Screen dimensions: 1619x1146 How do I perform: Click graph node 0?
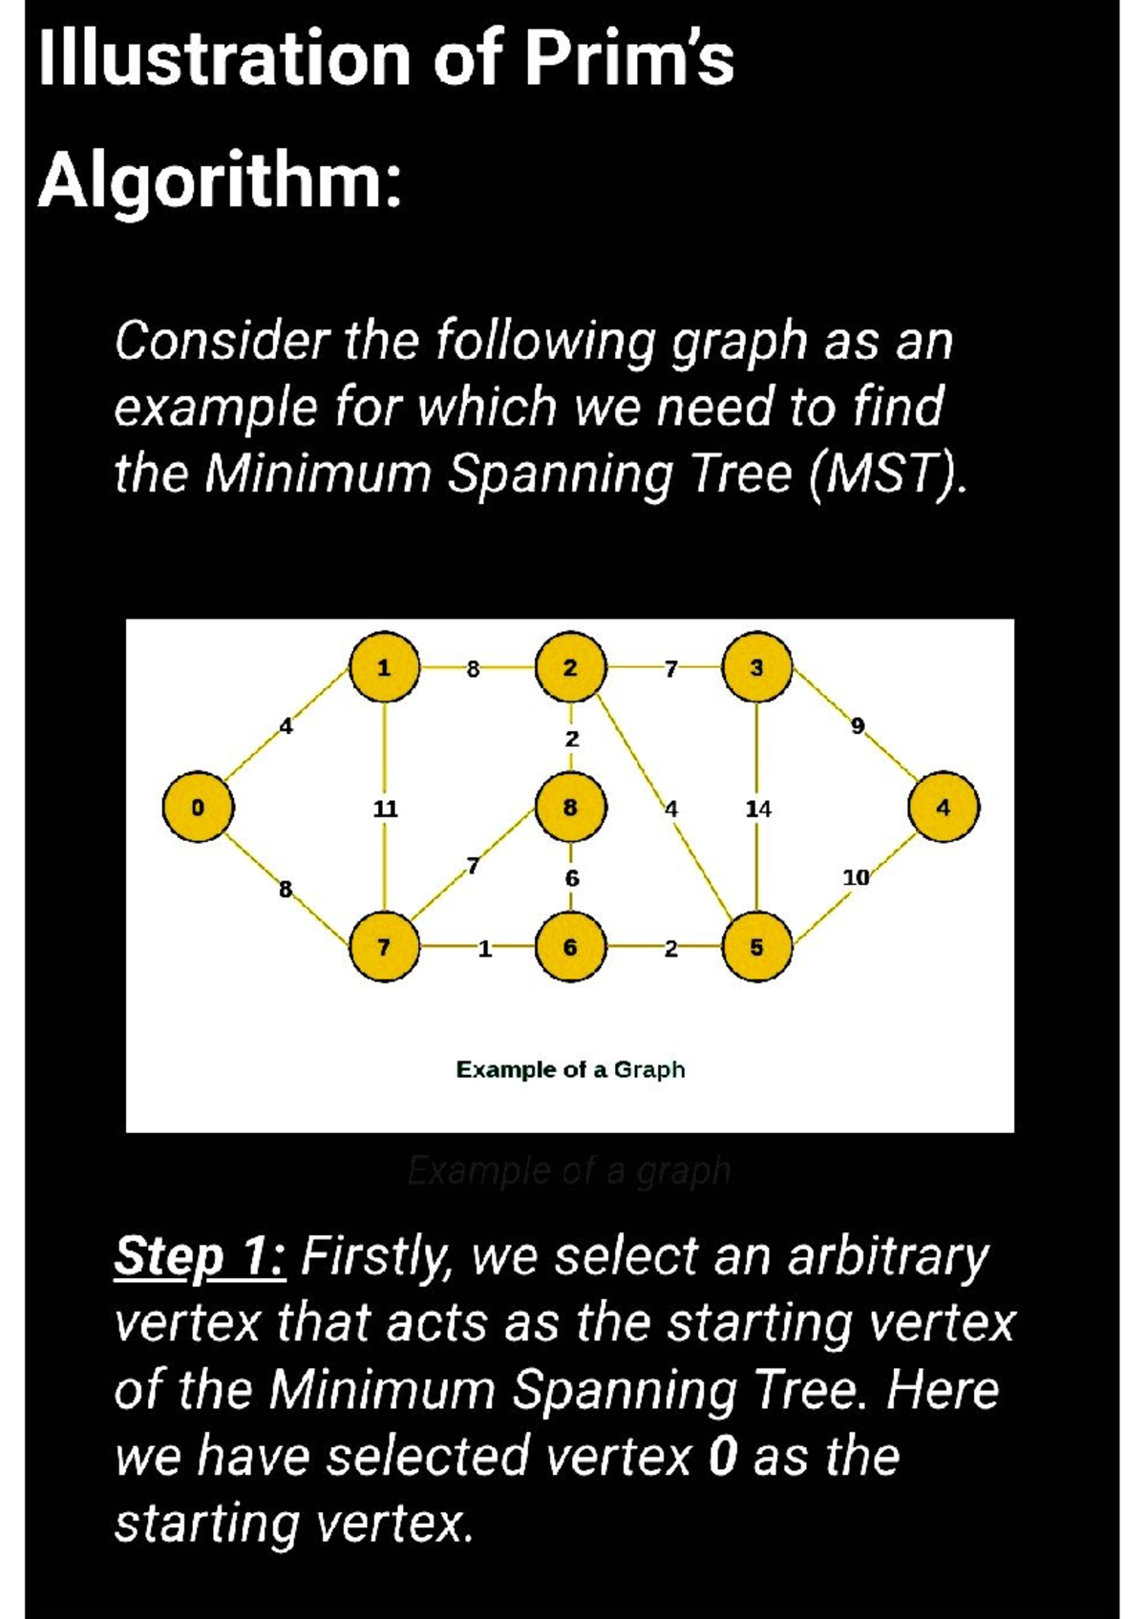click(198, 808)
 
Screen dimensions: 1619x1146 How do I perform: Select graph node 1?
click(384, 668)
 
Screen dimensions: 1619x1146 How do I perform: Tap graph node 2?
click(570, 668)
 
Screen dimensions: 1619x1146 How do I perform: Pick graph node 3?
click(756, 668)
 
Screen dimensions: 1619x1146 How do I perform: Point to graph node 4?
click(943, 808)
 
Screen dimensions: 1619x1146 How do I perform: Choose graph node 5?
click(756, 947)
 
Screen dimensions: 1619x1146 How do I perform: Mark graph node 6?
click(570, 947)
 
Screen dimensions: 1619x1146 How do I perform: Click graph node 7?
click(384, 947)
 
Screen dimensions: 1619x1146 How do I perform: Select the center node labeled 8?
click(570, 808)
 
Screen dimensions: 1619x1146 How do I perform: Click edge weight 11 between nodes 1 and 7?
click(385, 809)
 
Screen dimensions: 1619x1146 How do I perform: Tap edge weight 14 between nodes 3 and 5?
click(758, 809)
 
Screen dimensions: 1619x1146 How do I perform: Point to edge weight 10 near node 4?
click(856, 877)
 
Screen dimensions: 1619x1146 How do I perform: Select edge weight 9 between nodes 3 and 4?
click(857, 726)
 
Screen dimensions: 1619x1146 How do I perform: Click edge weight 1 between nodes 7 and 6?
click(484, 948)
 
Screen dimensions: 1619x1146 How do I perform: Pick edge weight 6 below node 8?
click(571, 877)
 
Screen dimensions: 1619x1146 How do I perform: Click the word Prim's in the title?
click(630, 59)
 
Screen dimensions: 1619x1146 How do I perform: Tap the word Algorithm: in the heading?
click(220, 181)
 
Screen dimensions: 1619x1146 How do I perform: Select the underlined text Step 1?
click(200, 1256)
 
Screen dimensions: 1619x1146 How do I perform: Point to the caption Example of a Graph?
click(570, 1069)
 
